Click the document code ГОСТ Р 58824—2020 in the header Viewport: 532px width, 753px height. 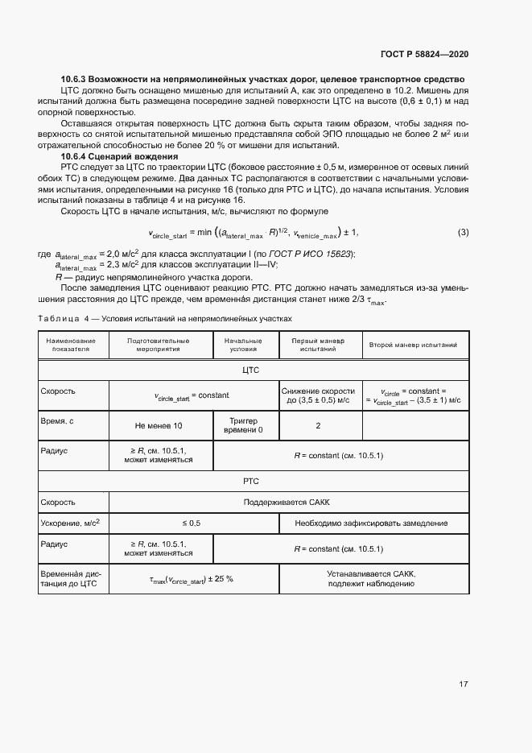(x=423, y=54)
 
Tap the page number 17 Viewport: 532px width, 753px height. (x=463, y=685)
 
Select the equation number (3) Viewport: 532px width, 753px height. (x=463, y=233)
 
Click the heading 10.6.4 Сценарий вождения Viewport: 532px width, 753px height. (x=119, y=156)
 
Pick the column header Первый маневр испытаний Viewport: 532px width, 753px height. (x=320, y=345)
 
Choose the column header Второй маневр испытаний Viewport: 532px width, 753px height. (x=413, y=345)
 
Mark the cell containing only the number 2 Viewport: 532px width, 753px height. (x=319, y=425)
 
